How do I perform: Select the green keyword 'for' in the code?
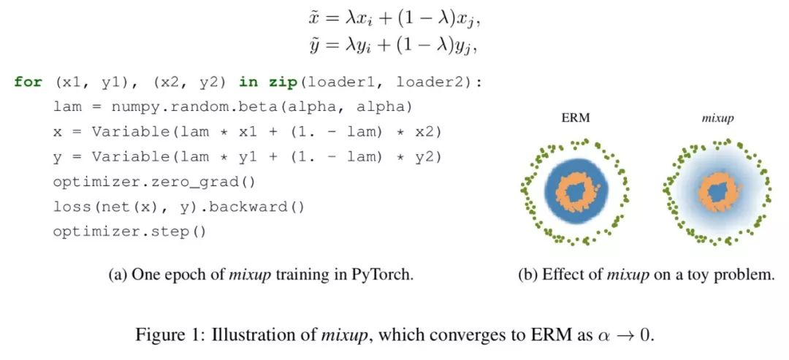28,82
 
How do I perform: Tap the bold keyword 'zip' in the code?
276,82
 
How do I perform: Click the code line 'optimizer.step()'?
129,231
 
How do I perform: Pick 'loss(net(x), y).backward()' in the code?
179,207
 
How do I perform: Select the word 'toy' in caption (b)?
701,275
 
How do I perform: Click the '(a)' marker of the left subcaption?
118,275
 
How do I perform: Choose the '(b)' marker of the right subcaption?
527,275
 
